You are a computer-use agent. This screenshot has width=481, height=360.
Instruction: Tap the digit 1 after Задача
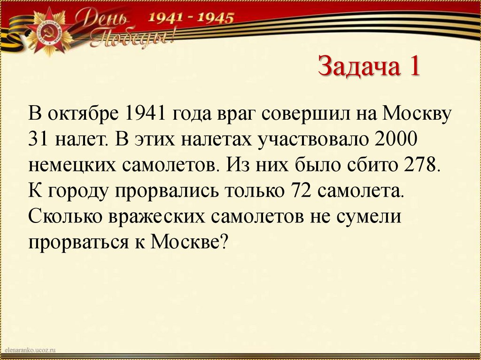coord(414,66)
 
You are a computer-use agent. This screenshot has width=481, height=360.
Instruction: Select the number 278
coord(421,166)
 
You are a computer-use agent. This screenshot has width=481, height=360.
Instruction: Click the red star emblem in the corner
coord(48,34)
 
